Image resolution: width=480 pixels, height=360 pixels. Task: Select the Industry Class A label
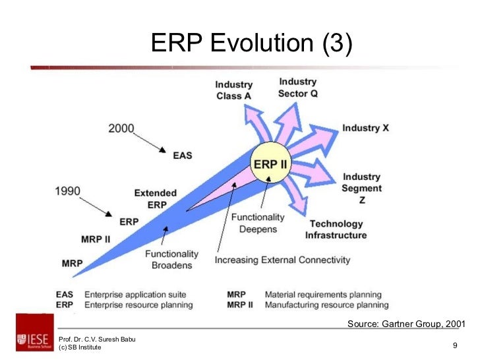click(x=233, y=90)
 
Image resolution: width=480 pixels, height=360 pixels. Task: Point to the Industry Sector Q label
click(x=297, y=88)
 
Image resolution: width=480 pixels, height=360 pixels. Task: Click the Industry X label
click(x=365, y=128)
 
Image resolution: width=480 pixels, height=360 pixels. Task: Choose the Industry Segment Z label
click(x=361, y=188)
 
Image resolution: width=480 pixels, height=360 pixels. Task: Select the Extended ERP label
click(x=156, y=198)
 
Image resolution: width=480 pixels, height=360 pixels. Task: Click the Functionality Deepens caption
click(x=258, y=223)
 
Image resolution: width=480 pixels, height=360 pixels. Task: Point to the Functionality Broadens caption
click(x=171, y=259)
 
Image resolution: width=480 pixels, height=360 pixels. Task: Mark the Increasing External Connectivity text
click(x=282, y=260)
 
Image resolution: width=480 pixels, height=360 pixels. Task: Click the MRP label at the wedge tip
click(x=72, y=263)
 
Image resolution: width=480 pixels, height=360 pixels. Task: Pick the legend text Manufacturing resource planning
click(x=326, y=305)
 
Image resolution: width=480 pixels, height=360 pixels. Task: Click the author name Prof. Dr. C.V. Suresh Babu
click(x=97, y=339)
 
